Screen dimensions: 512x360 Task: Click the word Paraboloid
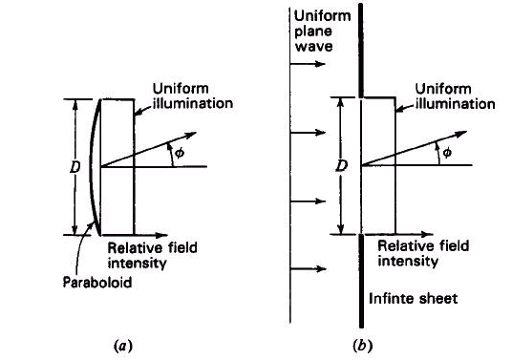point(97,282)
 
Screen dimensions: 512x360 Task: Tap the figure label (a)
point(123,345)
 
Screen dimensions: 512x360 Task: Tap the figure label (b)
point(362,345)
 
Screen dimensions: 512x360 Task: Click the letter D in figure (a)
point(75,167)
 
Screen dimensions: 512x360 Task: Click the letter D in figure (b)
point(342,166)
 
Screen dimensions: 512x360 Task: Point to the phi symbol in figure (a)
point(180,153)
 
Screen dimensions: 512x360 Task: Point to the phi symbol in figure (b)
point(447,152)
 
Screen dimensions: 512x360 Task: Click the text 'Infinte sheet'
point(413,298)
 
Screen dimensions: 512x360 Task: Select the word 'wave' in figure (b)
point(314,46)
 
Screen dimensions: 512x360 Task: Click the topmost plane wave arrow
point(308,64)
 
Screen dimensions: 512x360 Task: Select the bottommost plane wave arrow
point(308,269)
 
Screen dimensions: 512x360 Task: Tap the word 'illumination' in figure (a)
point(193,103)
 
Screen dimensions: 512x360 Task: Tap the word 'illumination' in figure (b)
point(456,104)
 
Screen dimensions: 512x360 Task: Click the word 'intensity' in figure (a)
point(138,263)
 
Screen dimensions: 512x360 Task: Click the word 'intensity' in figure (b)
point(408,261)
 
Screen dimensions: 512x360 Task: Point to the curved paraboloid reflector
point(92,167)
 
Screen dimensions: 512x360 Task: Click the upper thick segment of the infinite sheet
point(361,51)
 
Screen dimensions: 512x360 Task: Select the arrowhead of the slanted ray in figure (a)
point(190,135)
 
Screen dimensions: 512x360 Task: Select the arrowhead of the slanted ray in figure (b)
point(460,133)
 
